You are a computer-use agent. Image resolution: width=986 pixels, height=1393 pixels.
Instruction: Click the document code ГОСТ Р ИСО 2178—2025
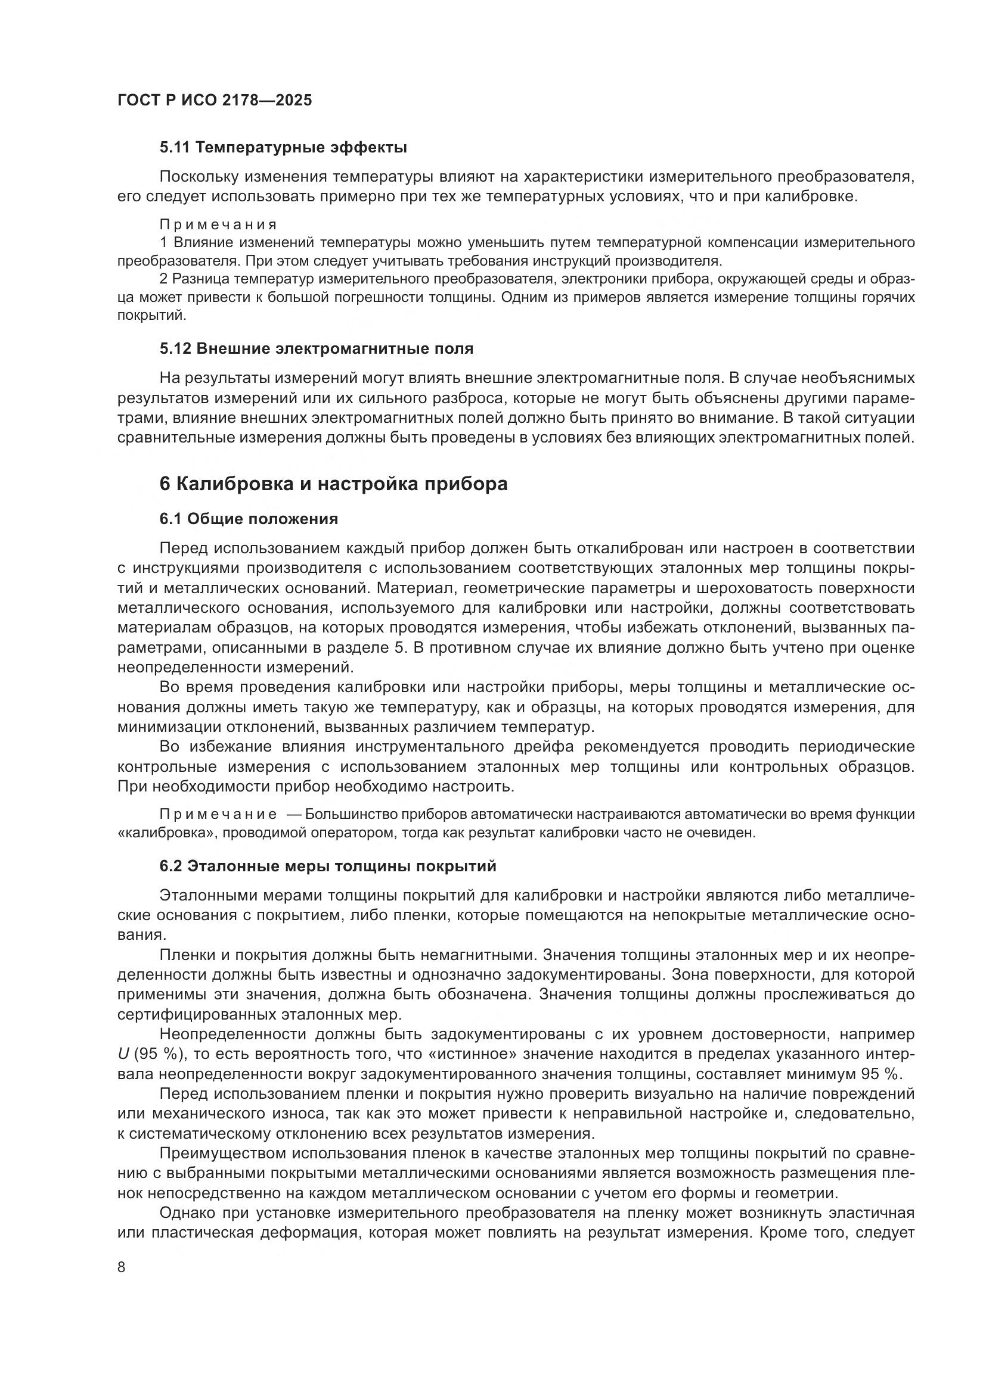pyautogui.click(x=215, y=100)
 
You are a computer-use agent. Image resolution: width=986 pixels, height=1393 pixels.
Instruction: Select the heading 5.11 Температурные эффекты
pyautogui.click(x=283, y=148)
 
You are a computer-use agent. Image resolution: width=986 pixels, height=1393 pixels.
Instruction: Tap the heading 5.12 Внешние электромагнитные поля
pyautogui.click(x=317, y=349)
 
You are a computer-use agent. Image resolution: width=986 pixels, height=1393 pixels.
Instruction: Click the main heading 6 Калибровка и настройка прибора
pyautogui.click(x=333, y=484)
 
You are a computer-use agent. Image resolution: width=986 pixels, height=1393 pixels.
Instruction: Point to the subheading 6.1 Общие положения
pyautogui.click(x=249, y=519)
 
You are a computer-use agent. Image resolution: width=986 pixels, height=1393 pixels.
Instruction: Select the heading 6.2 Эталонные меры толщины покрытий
pyautogui.click(x=328, y=867)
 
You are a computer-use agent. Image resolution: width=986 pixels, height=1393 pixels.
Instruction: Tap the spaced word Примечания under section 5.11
pyautogui.click(x=218, y=225)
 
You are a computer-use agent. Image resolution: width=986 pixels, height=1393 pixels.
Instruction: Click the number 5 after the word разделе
pyautogui.click(x=399, y=648)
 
